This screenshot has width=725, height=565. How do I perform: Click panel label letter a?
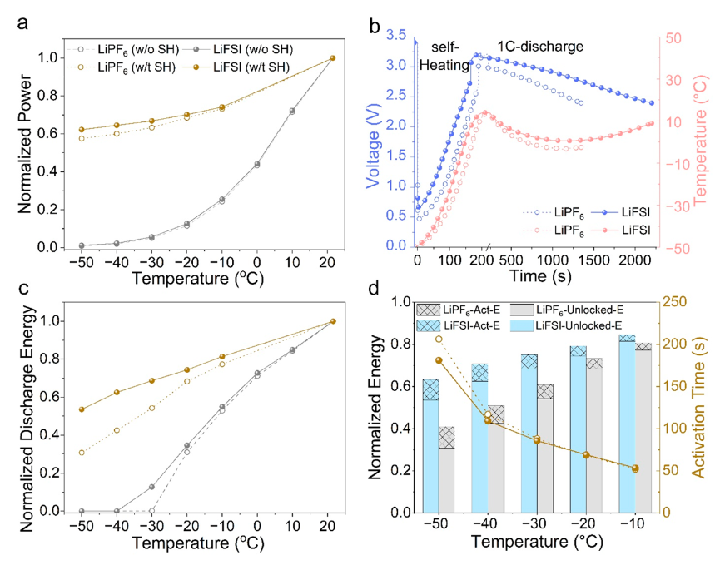point(25,22)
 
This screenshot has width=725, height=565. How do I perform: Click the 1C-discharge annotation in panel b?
point(540,47)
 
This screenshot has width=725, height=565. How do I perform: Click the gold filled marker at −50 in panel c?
point(81,409)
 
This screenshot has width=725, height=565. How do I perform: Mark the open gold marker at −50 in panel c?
point(81,453)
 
